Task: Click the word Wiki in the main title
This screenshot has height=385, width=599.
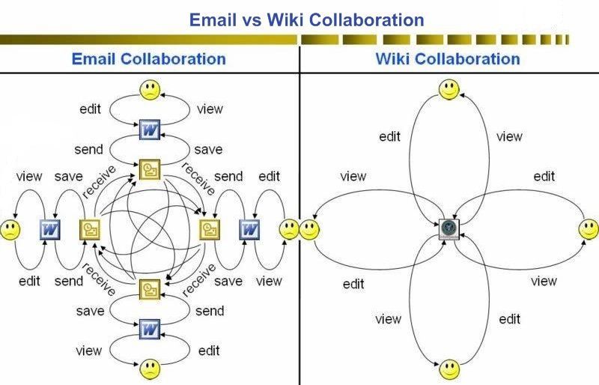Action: (285, 20)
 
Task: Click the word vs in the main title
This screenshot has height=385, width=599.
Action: (252, 20)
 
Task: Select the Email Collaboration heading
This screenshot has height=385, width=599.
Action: (148, 59)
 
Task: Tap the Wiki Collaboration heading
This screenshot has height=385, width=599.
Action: (448, 59)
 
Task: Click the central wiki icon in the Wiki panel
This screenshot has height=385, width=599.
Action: (449, 229)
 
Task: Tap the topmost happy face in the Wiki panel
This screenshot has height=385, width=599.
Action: (449, 89)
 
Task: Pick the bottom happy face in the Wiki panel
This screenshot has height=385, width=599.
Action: (449, 369)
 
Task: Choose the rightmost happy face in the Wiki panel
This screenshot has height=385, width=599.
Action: (589, 229)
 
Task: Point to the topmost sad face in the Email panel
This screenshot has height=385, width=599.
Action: (150, 90)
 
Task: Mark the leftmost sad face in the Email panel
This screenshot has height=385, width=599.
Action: (10, 230)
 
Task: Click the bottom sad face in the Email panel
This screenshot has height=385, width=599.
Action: (150, 369)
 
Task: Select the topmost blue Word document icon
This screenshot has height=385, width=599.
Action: (149, 130)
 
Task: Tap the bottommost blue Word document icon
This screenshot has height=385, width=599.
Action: (149, 329)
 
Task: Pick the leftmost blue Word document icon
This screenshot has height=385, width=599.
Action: (50, 230)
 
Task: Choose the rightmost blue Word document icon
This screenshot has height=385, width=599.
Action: (249, 230)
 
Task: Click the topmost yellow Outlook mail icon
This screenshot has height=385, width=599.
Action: (150, 170)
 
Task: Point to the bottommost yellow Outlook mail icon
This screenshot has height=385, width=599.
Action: (150, 289)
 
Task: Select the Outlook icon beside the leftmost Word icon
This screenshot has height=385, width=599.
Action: (90, 230)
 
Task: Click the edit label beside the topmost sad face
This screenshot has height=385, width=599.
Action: (90, 109)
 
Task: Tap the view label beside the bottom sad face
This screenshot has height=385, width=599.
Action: (88, 351)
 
